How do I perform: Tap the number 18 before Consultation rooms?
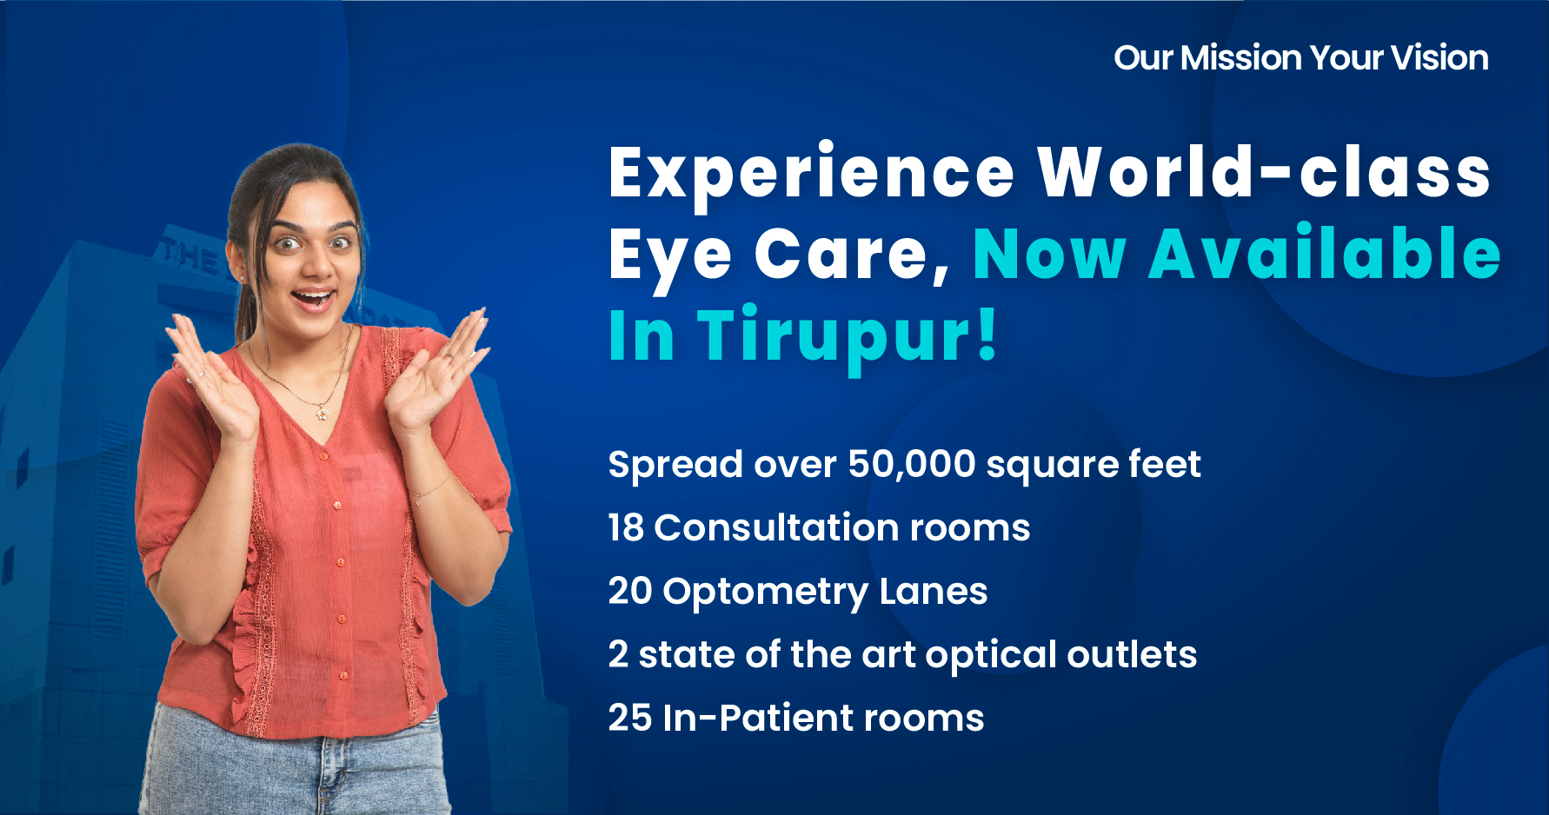pyautogui.click(x=626, y=528)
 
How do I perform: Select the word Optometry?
pyautogui.click(x=765, y=593)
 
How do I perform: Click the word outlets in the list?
pyautogui.click(x=1132, y=655)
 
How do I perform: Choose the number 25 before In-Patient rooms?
pyautogui.click(x=629, y=719)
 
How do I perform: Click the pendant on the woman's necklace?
pyautogui.click(x=322, y=414)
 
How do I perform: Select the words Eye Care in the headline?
pyautogui.click(x=769, y=255)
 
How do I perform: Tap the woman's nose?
pyautogui.click(x=312, y=265)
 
